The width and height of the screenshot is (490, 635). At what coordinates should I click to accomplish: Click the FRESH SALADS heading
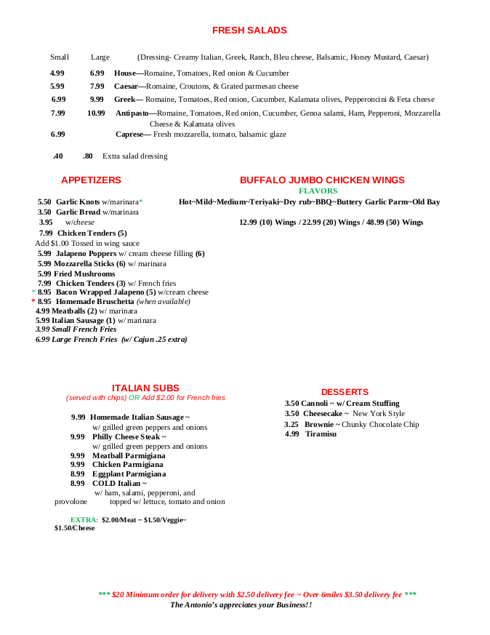pos(249,31)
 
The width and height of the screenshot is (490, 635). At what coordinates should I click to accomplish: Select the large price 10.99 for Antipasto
pos(96,113)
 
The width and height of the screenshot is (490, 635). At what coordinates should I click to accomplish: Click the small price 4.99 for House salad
pos(57,73)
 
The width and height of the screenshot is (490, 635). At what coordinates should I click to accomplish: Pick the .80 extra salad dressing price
pos(87,156)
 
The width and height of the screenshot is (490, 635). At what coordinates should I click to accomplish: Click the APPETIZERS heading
pos(91,180)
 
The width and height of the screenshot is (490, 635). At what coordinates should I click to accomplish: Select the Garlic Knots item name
pos(78,202)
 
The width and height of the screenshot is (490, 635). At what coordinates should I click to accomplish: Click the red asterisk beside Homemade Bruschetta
pos(33,301)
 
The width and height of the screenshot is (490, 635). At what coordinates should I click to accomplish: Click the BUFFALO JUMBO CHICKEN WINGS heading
pos(322,180)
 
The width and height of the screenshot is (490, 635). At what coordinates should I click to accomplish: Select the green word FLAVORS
pos(318,191)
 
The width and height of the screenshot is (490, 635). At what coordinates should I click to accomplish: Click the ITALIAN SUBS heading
pos(145,388)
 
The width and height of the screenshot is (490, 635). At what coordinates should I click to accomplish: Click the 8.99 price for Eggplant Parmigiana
pos(78,474)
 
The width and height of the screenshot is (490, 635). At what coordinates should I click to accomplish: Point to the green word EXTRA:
pos(84,520)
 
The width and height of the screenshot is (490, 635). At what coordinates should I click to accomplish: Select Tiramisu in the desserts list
pos(321,434)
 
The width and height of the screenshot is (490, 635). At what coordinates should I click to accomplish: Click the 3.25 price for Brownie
pos(292,425)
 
